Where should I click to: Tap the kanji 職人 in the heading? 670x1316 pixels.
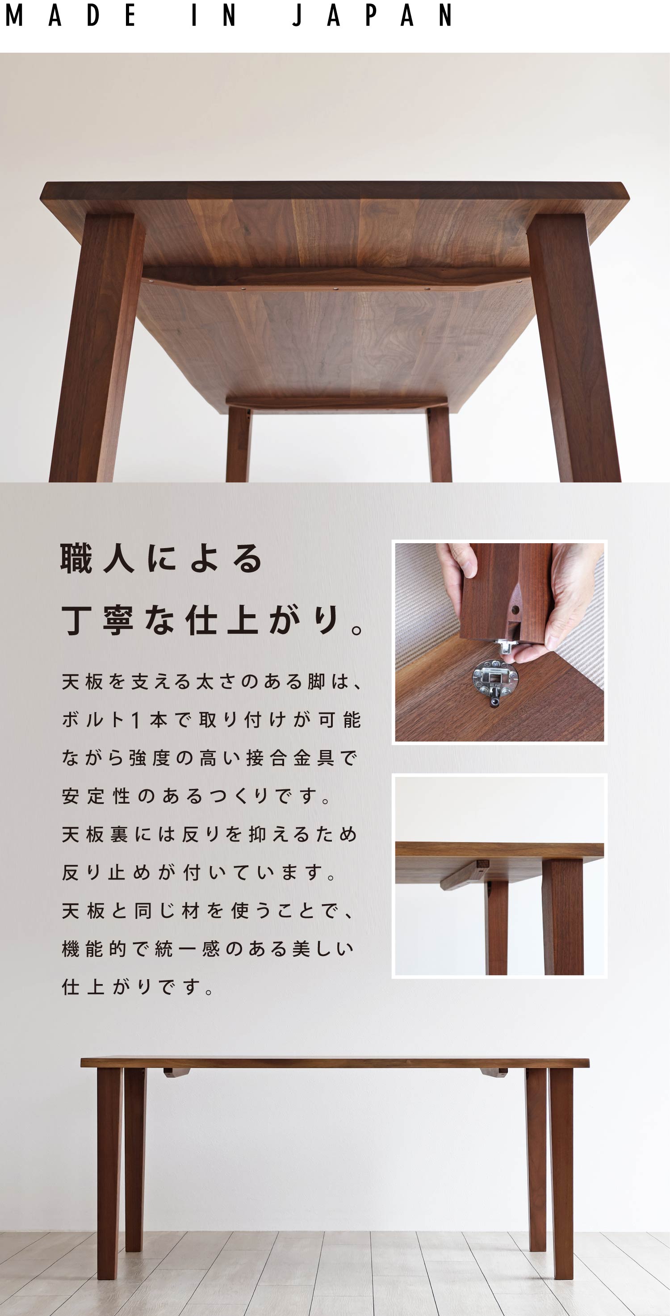[97, 558]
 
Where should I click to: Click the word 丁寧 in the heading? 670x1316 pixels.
[97, 620]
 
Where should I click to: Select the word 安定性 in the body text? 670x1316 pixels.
[96, 796]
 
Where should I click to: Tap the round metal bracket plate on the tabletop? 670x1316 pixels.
[494, 679]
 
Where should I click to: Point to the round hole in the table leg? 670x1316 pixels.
[515, 609]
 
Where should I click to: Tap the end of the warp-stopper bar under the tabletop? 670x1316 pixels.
[482, 864]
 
